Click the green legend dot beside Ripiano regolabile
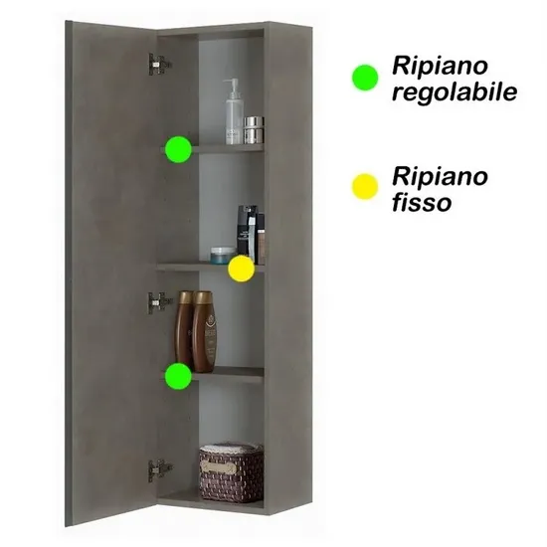tap(365, 78)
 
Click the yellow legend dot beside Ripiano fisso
tap(365, 187)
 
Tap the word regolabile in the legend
tap(455, 92)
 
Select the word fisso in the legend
tap(422, 202)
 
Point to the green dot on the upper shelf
tap(178, 149)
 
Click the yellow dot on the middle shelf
tap(241, 269)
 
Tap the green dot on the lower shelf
tap(178, 376)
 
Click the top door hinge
tap(160, 65)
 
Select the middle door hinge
tap(160, 302)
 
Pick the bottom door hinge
tap(160, 470)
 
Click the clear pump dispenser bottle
tap(234, 111)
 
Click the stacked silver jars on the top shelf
tap(254, 130)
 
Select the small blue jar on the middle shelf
tap(222, 255)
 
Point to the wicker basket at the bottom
tap(232, 472)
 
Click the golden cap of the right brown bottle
tap(203, 297)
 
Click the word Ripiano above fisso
tap(440, 176)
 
